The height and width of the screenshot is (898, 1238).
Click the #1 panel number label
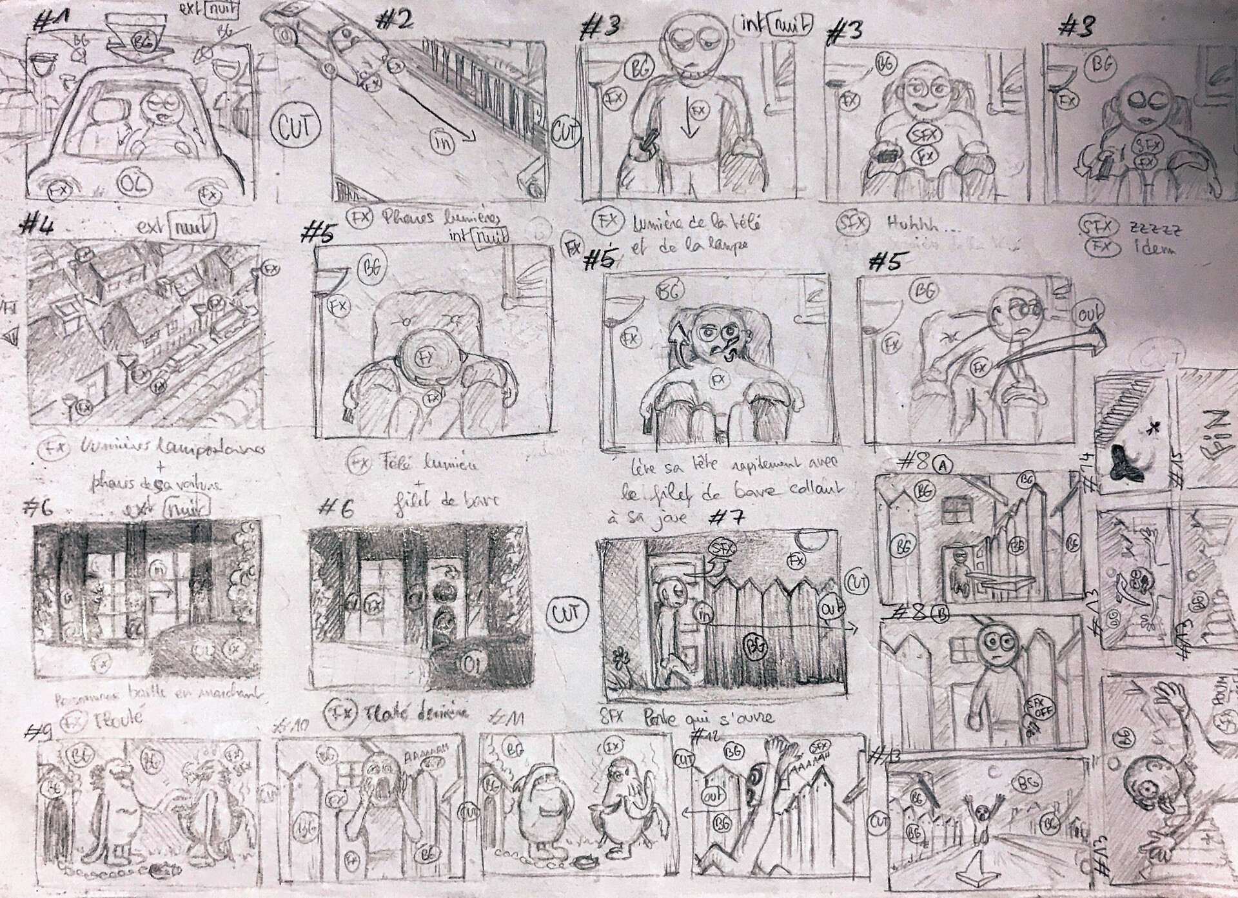click(51, 24)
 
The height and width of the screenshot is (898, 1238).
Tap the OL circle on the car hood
click(136, 186)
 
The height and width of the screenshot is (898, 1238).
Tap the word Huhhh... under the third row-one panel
click(910, 223)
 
